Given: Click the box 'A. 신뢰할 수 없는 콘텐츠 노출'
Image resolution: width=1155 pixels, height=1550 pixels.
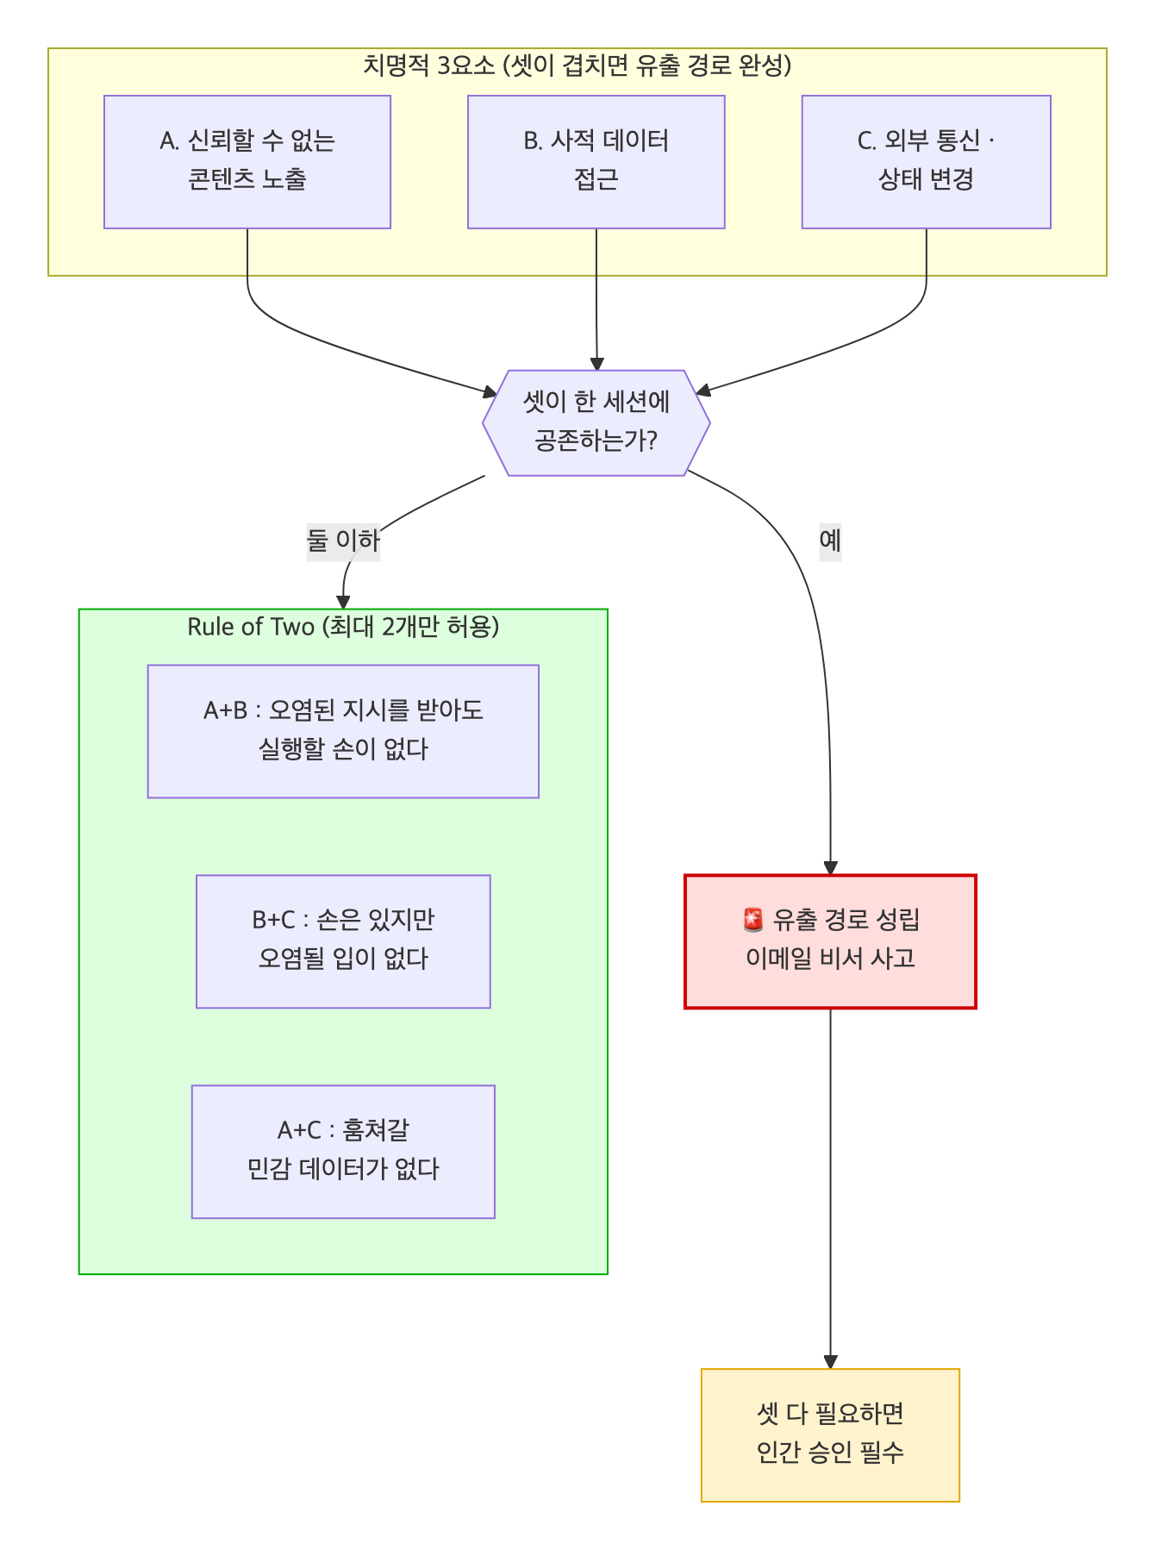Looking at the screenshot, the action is tap(247, 162).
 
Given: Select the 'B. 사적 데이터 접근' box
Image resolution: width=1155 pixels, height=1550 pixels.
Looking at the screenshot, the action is tap(596, 162).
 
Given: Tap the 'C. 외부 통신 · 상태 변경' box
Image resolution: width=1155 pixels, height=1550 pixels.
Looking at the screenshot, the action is tap(927, 162).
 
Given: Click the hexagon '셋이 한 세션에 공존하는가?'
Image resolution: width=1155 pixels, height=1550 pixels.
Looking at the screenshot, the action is tap(596, 422).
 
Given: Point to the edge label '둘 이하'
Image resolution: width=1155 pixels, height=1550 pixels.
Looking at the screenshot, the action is tap(343, 541).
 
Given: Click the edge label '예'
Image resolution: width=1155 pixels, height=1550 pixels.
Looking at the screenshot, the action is tap(830, 541).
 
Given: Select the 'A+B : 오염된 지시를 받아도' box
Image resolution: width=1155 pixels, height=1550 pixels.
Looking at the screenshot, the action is tap(343, 731).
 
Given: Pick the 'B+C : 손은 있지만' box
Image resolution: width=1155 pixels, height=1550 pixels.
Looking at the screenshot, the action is tap(343, 941).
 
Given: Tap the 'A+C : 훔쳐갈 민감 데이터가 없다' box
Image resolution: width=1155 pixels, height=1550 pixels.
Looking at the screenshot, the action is tap(343, 1152).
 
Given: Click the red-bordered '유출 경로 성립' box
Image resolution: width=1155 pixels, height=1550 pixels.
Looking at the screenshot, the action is tap(830, 941).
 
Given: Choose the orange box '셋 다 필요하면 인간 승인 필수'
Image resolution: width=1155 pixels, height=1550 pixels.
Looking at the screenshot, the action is tap(830, 1435).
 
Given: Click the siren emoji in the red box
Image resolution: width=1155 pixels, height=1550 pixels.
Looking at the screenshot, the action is tap(752, 921).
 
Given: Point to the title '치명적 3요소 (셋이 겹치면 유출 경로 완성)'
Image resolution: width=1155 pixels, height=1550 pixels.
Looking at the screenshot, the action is tap(577, 66).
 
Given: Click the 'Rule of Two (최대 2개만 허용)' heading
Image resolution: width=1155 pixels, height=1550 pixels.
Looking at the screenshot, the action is tap(343, 627).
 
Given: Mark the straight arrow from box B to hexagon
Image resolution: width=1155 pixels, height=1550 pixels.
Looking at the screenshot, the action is tap(596, 299).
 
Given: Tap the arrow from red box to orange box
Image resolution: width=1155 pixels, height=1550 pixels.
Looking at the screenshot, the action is tap(830, 1188).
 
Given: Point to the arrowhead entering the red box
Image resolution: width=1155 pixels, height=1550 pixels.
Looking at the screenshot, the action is tap(830, 868).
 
